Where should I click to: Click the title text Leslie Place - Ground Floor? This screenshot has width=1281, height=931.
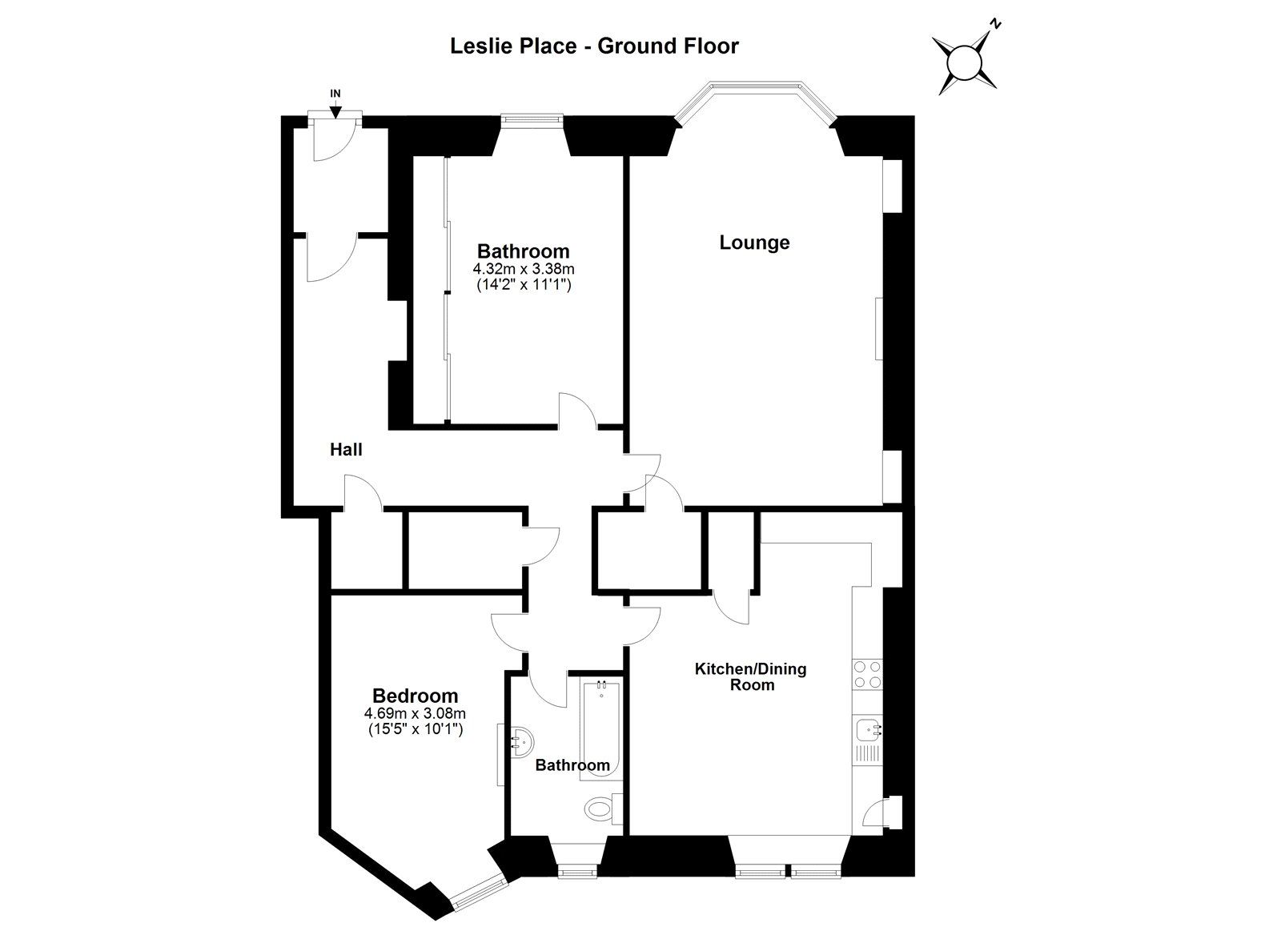pyautogui.click(x=594, y=46)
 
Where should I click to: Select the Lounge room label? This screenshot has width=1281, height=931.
pyautogui.click(x=754, y=243)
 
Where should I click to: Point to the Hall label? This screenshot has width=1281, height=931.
pyautogui.click(x=346, y=450)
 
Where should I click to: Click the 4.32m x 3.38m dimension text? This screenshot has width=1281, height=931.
pyautogui.click(x=524, y=270)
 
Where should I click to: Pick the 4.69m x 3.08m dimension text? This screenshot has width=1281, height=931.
pyautogui.click(x=415, y=713)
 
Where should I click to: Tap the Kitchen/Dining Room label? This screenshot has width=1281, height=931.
pyautogui.click(x=751, y=676)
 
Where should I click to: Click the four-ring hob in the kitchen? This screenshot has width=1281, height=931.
pyautogui.click(x=868, y=674)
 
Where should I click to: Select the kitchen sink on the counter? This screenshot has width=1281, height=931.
pyautogui.click(x=867, y=729)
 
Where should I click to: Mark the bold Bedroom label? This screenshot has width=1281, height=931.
pyautogui.click(x=415, y=696)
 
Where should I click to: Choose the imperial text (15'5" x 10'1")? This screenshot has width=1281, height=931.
pyautogui.click(x=415, y=729)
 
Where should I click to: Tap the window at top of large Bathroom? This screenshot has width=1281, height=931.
pyautogui.click(x=532, y=121)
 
